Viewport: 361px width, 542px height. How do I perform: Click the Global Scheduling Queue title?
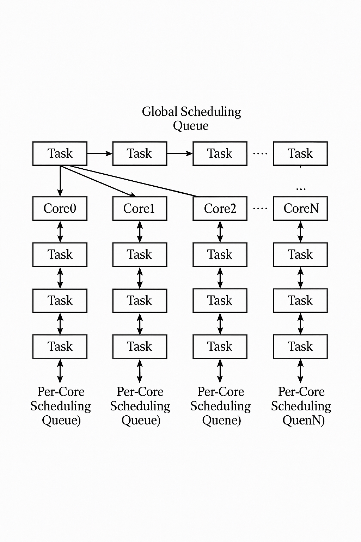pyautogui.click(x=191, y=119)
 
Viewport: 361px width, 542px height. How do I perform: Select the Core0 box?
pyautogui.click(x=60, y=209)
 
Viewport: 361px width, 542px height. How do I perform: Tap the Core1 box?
pyautogui.click(x=140, y=209)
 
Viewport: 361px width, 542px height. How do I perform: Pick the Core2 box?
pyautogui.click(x=220, y=209)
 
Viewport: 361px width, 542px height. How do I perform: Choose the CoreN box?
pyautogui.click(x=300, y=209)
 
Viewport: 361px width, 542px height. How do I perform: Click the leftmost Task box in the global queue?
pyautogui.click(x=60, y=153)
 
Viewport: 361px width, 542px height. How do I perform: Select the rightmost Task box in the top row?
pyautogui.click(x=300, y=153)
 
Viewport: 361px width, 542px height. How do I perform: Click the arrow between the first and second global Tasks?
pyautogui.click(x=99, y=153)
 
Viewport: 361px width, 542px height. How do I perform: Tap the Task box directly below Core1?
pyautogui.click(x=140, y=254)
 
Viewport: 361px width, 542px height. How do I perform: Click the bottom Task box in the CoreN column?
pyautogui.click(x=300, y=347)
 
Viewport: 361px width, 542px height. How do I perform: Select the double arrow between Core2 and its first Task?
pyautogui.click(x=220, y=231)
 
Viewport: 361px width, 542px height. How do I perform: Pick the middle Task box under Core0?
pyautogui.click(x=60, y=301)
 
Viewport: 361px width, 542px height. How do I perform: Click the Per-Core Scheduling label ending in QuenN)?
pyautogui.click(x=301, y=406)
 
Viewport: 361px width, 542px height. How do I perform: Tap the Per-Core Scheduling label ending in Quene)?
pyautogui.click(x=221, y=406)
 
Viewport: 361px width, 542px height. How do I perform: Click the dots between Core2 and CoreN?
pyautogui.click(x=260, y=209)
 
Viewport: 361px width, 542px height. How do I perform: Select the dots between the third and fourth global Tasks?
pyautogui.click(x=260, y=153)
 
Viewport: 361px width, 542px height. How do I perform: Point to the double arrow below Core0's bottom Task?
pyautogui.click(x=60, y=371)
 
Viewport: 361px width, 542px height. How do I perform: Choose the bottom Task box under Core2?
pyautogui.click(x=220, y=347)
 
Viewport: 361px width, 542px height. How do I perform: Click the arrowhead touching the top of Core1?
pyautogui.click(x=133, y=194)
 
